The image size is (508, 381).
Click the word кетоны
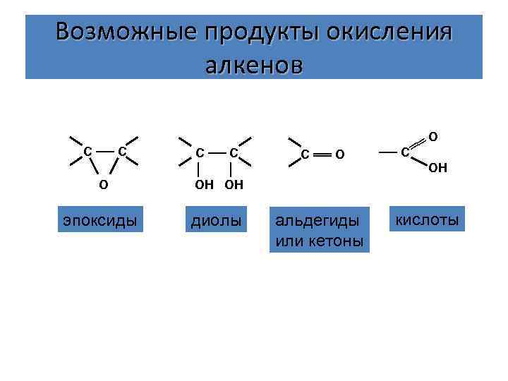click(x=338, y=241)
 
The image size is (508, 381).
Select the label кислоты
click(x=428, y=220)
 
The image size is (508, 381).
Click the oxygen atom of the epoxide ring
click(x=104, y=185)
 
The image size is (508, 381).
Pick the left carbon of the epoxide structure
click(x=87, y=152)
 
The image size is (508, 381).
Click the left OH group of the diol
click(x=202, y=185)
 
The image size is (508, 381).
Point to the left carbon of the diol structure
click(x=200, y=152)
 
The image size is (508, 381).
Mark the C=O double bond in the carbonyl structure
click(x=322, y=153)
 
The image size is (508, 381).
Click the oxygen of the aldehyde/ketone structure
click(x=339, y=154)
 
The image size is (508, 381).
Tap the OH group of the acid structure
click(x=437, y=167)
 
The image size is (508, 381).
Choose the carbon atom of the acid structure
click(x=404, y=152)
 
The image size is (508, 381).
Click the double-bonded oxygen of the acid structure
click(x=433, y=135)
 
